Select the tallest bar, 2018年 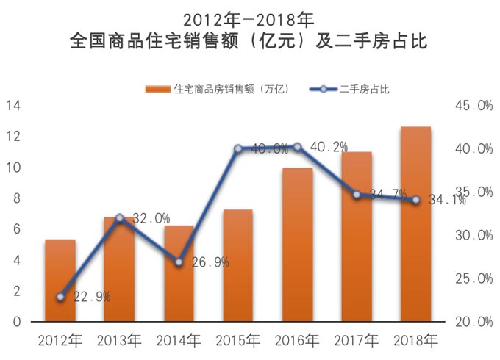[415, 224]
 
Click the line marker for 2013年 [120, 217]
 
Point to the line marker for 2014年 [179, 262]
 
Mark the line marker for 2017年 [357, 195]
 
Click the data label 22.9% [92, 297]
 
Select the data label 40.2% [329, 148]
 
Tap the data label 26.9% [210, 262]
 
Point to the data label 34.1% [446, 200]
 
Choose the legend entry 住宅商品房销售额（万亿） [224, 90]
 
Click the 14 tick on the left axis [13, 106]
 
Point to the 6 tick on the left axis [17, 230]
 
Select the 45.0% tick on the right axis [474, 106]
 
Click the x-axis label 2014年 [179, 341]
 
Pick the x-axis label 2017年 [357, 341]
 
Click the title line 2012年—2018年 [249, 16]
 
